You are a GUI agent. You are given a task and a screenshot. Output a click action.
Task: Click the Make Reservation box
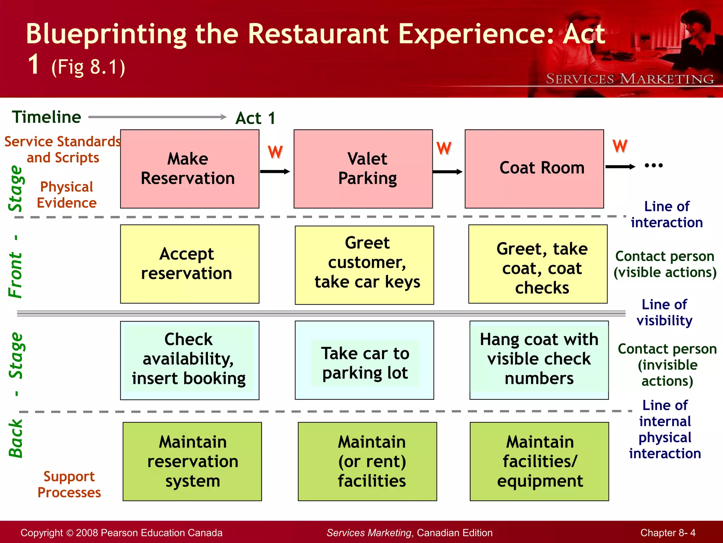190,169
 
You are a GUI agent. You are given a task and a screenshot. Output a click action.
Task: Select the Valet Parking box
363,169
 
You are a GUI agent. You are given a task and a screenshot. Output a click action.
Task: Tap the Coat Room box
534,169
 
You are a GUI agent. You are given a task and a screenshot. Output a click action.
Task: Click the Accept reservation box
190,264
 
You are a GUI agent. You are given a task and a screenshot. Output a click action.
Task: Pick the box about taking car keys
364,265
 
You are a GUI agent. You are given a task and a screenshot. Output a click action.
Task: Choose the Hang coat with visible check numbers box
539,360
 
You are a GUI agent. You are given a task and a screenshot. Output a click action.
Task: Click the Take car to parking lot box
364,360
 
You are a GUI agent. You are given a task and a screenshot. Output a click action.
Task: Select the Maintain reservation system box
192,461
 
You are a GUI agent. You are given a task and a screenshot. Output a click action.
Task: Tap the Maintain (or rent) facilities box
367,461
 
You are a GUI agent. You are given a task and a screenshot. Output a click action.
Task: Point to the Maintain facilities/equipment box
539,461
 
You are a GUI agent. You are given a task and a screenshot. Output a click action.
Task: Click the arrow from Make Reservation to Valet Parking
275,171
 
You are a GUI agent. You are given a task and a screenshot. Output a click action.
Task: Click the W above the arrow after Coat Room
620,146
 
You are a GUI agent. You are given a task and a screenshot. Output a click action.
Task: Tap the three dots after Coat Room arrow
653,165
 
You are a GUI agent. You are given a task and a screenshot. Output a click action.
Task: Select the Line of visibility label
664,312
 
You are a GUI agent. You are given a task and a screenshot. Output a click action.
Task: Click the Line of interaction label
667,214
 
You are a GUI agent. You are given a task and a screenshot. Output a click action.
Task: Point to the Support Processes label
69,484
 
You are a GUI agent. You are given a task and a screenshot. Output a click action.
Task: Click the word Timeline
47,117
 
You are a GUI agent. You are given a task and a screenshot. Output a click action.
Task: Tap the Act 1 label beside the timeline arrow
255,118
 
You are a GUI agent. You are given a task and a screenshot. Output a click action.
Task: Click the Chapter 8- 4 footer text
668,532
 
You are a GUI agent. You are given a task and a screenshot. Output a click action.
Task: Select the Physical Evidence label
66,194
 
